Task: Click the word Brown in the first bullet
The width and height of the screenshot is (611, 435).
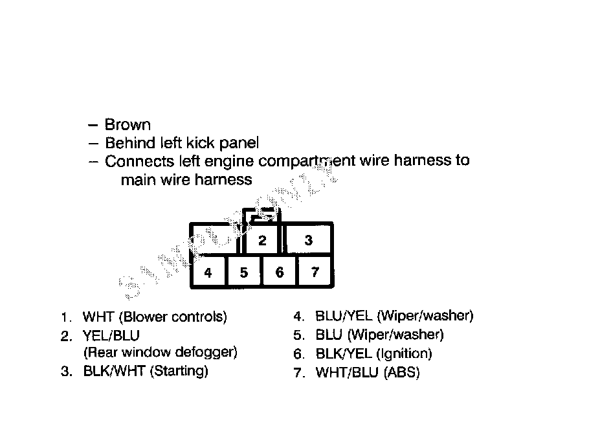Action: click(128, 125)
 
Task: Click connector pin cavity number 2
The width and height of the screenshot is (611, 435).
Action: click(262, 241)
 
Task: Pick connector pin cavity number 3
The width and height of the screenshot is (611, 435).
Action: click(309, 240)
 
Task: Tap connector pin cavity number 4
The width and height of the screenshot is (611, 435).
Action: click(208, 273)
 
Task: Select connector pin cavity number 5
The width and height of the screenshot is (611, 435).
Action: click(244, 273)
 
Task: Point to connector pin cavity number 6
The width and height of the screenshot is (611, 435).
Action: click(280, 273)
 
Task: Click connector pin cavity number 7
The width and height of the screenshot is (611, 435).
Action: click(315, 272)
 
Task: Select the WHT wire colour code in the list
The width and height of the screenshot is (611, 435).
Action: click(96, 317)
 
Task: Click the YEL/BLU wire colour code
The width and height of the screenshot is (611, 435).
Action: click(111, 336)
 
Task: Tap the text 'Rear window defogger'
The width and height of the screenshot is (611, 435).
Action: click(161, 353)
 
